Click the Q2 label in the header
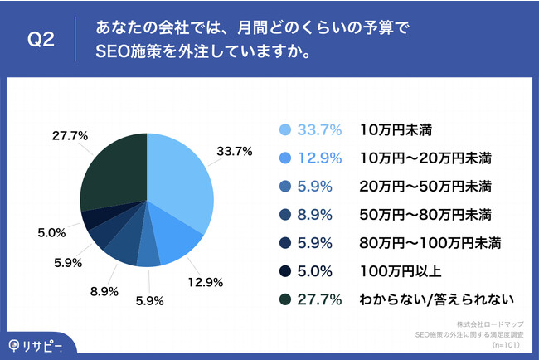click(41, 39)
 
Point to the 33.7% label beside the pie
click(234, 152)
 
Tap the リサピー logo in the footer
click(36, 343)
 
